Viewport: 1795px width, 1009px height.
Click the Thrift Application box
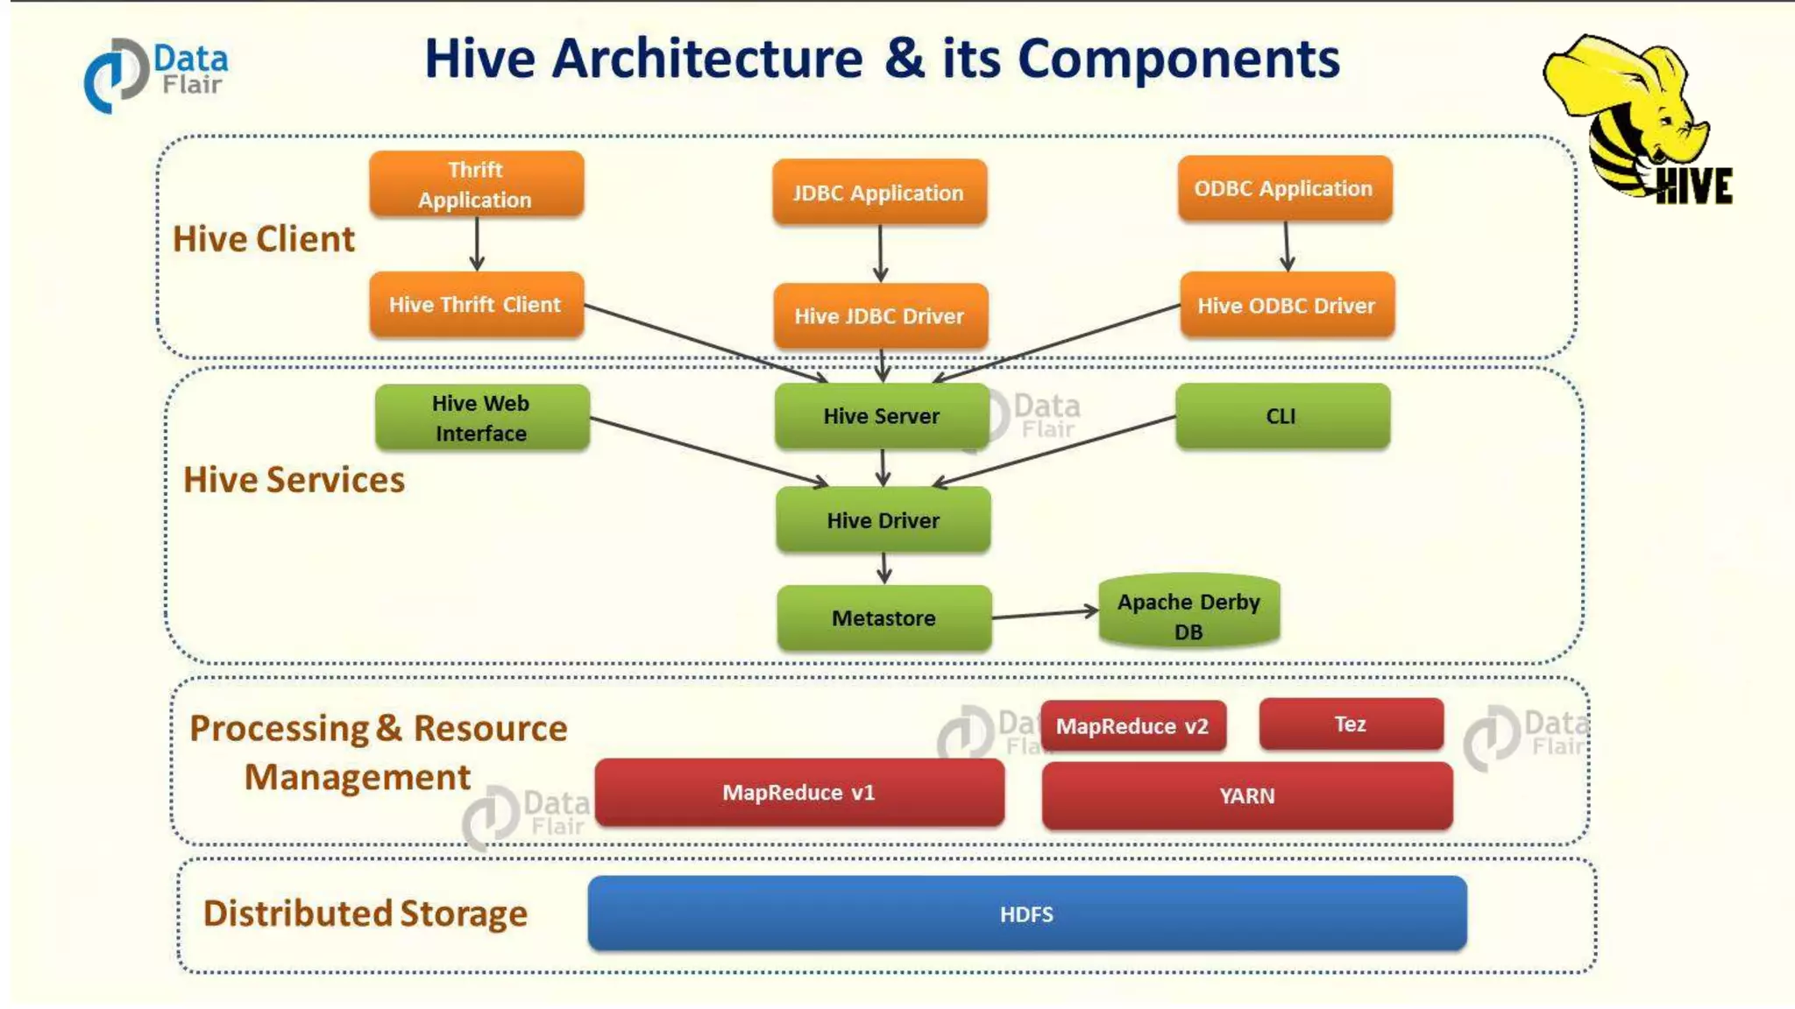tap(476, 184)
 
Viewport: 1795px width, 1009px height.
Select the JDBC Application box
tap(879, 192)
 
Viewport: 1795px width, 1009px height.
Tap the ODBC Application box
tap(1284, 188)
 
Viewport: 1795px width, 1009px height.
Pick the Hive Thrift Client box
tap(476, 304)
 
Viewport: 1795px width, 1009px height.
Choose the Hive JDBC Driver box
tap(880, 315)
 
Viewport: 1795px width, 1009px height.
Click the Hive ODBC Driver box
tap(1287, 305)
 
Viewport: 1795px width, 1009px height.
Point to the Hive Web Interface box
tap(482, 418)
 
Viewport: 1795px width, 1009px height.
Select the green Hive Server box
tap(881, 416)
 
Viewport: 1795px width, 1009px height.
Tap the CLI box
tap(1282, 416)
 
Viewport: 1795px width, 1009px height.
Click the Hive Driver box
tap(883, 520)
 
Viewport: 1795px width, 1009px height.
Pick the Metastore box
tap(883, 617)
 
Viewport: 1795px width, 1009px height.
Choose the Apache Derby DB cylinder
tap(1188, 613)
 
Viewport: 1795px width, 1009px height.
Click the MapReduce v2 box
tap(1132, 726)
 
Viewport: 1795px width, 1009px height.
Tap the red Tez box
tap(1351, 724)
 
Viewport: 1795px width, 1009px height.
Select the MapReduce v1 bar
tap(798, 793)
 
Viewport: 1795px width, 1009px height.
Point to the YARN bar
tap(1246, 795)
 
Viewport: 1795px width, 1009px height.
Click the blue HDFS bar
tap(1026, 914)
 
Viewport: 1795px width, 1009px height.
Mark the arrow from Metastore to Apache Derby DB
tap(1044, 614)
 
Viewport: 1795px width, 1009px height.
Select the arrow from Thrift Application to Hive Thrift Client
tap(477, 243)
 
